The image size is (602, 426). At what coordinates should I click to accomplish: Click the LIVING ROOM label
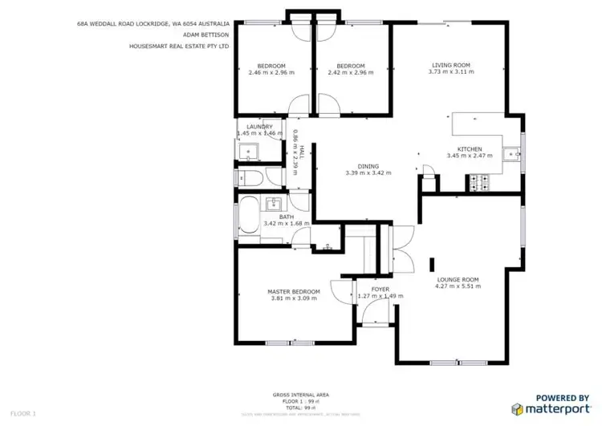(x=450, y=65)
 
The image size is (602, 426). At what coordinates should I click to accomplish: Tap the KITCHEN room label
(x=469, y=149)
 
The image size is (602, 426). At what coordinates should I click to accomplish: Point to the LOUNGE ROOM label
(x=458, y=279)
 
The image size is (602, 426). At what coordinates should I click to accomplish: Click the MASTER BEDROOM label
(x=293, y=291)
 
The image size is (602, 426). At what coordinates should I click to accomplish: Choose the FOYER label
(x=380, y=289)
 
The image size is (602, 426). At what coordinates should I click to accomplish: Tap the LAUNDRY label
(x=260, y=127)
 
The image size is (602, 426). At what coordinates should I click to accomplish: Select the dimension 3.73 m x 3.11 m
(x=450, y=72)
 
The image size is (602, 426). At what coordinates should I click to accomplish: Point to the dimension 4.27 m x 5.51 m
(x=458, y=286)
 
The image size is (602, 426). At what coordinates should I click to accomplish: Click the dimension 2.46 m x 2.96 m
(x=271, y=72)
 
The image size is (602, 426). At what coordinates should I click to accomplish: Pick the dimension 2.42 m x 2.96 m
(x=351, y=72)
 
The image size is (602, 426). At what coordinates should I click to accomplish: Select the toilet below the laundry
(x=247, y=177)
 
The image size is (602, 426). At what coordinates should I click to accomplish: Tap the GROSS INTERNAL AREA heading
(x=300, y=395)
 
